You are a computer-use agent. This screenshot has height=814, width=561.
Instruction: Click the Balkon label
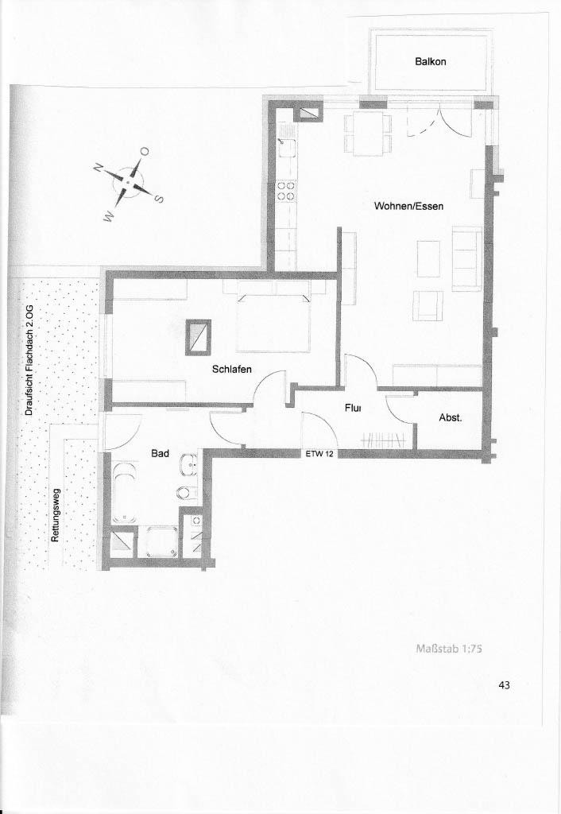pos(430,61)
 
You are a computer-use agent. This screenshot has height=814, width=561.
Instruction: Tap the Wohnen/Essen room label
pos(409,206)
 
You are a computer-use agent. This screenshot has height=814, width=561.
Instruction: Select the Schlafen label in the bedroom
pos(231,369)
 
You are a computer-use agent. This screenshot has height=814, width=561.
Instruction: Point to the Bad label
pos(160,453)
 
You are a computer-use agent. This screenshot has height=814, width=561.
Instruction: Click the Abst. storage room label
pos(451,417)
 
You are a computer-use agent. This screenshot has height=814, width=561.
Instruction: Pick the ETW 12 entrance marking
pos(319,453)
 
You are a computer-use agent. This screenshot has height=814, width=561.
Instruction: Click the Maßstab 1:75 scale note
pos(450,648)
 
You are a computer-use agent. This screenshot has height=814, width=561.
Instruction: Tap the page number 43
pos(504,685)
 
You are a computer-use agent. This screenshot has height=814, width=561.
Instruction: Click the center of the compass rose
pos(128,183)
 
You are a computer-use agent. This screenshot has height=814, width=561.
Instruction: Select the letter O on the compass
pos(145,152)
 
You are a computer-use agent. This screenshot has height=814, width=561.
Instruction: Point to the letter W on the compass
pos(109,218)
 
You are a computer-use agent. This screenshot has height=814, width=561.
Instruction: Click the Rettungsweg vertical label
pos(56,515)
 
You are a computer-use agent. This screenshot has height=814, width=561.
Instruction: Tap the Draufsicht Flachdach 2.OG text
pos(29,359)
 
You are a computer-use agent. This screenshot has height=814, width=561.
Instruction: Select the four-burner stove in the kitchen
pos(285,191)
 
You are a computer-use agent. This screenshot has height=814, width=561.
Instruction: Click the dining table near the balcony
pos(368,133)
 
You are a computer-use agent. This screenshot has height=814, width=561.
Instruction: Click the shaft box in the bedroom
pos(198,336)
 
